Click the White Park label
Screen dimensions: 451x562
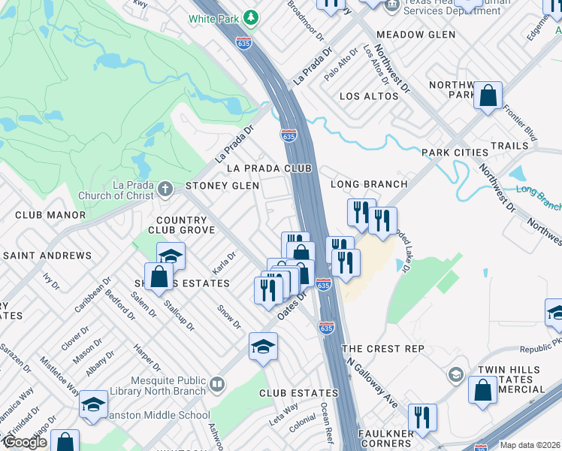pyautogui.click(x=213, y=18)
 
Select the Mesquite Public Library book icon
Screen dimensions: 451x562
pyautogui.click(x=217, y=385)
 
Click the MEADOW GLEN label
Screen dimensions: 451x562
pyautogui.click(x=415, y=35)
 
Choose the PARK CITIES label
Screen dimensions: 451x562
pyautogui.click(x=455, y=153)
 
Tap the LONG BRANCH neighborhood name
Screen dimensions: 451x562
pyautogui.click(x=370, y=184)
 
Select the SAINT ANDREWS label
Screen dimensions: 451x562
pyautogui.click(x=47, y=256)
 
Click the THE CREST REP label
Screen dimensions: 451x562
pyautogui.click(x=383, y=350)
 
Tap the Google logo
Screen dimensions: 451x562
pyautogui.click(x=24, y=442)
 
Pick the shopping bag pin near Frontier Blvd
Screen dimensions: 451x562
pyautogui.click(x=488, y=95)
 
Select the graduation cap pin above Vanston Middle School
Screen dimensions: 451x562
pyautogui.click(x=93, y=404)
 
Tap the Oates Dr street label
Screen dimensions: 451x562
pyautogui.click(x=293, y=305)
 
